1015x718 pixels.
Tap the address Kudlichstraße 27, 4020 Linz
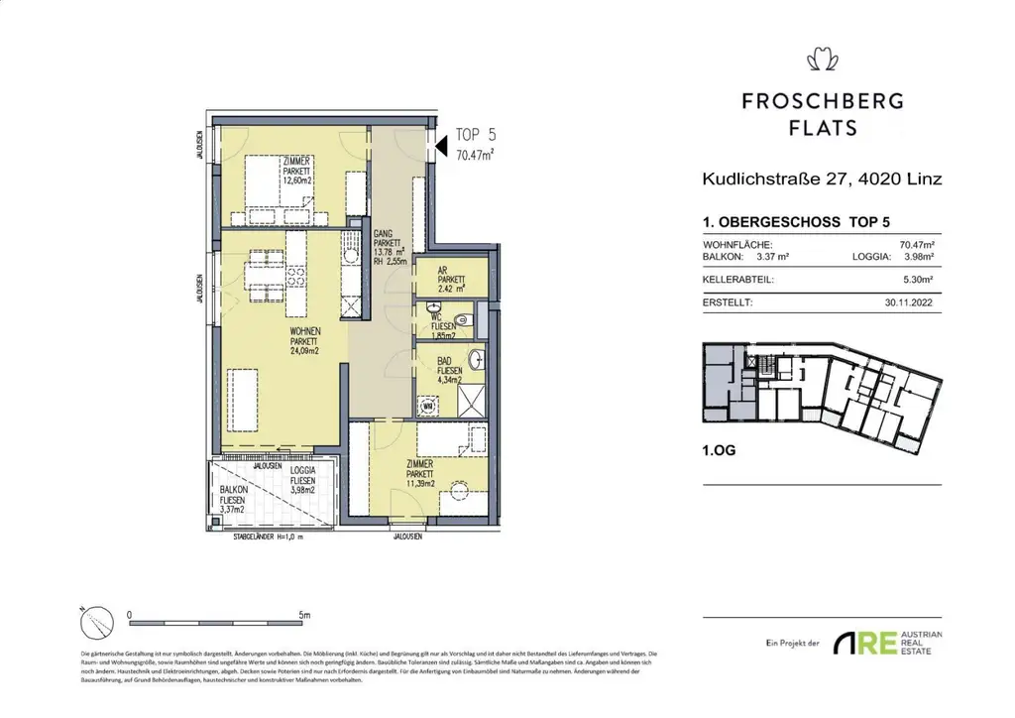(x=821, y=179)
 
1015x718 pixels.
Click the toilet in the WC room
(x=434, y=311)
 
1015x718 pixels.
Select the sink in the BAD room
(x=478, y=358)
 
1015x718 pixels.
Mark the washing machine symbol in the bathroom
(x=429, y=406)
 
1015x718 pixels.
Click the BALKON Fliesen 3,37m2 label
(x=234, y=504)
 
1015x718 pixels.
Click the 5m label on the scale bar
(x=302, y=614)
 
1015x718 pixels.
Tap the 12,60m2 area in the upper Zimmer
(x=297, y=181)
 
